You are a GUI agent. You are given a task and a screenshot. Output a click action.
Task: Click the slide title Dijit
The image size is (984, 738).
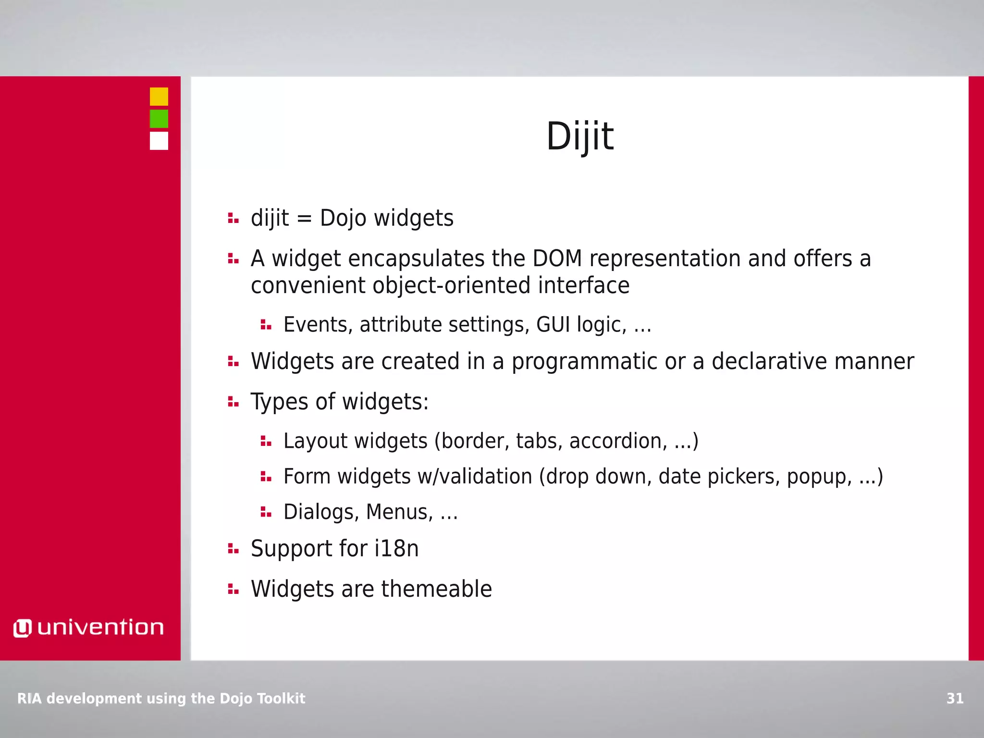click(579, 136)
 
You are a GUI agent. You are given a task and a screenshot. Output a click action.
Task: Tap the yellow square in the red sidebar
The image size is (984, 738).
click(159, 97)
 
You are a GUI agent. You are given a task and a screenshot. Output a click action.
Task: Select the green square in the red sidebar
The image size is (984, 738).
click(159, 119)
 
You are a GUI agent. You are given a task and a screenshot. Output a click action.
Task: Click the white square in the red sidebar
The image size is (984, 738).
click(159, 141)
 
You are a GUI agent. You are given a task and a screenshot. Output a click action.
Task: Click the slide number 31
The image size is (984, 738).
click(955, 698)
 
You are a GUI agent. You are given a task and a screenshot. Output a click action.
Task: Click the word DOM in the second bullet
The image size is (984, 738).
click(557, 258)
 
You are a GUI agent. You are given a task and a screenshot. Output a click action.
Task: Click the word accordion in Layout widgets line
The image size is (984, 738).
click(618, 441)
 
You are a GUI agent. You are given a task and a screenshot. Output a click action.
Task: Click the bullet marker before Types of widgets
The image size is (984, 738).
click(233, 402)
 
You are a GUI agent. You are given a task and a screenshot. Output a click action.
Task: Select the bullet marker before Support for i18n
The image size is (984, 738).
click(233, 549)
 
